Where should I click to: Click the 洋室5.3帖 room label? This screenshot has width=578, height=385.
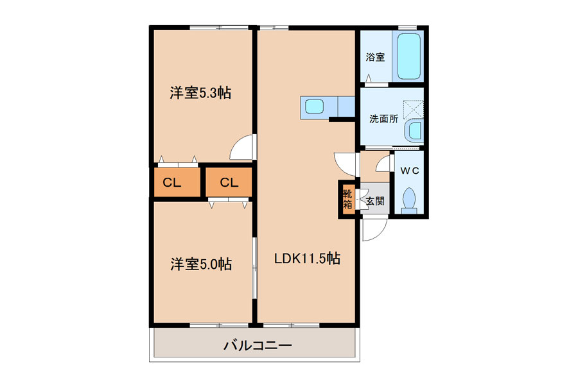[200, 93]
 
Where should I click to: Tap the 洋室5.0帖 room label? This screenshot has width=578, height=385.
[201, 264]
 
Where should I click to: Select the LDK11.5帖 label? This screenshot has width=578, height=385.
[307, 258]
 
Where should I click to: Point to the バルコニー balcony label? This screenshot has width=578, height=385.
[258, 345]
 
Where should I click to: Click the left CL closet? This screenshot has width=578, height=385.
[177, 182]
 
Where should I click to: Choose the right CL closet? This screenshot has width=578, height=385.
[229, 182]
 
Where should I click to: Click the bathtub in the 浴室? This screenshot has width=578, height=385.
[409, 56]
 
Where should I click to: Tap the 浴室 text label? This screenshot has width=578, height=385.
[375, 57]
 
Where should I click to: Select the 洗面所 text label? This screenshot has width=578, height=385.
[384, 119]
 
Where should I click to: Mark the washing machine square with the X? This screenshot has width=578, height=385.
[413, 110]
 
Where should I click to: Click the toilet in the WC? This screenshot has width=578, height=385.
[409, 201]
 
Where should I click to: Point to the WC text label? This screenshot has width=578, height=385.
[410, 171]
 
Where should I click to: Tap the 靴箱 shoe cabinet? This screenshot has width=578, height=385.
[347, 199]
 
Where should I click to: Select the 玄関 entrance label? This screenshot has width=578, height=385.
[375, 201]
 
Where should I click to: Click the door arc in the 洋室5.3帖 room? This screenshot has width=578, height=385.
[239, 144]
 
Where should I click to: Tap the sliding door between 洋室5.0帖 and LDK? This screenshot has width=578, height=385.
[254, 268]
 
